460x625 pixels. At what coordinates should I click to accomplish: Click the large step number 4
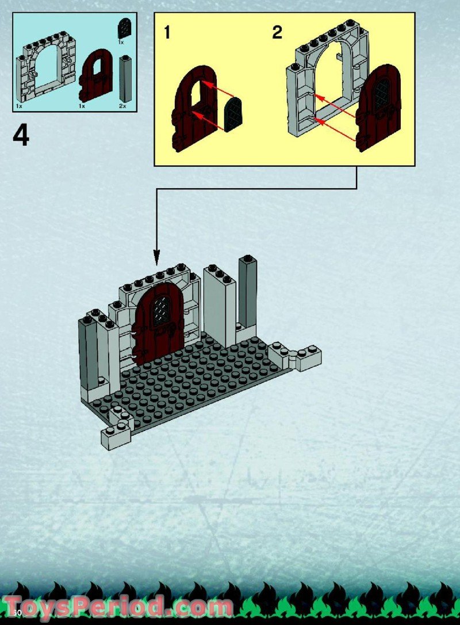pos(21,136)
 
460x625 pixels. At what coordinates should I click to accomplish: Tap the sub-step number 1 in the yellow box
pos(167,33)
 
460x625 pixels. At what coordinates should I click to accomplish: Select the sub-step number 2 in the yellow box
pos(277,33)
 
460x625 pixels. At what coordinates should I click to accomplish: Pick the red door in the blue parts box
pos(96,77)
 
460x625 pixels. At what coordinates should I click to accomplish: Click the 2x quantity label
pos(122,106)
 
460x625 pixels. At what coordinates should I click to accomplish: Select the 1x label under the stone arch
pos(19,106)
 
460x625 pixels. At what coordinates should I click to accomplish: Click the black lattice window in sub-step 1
pos(233,115)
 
